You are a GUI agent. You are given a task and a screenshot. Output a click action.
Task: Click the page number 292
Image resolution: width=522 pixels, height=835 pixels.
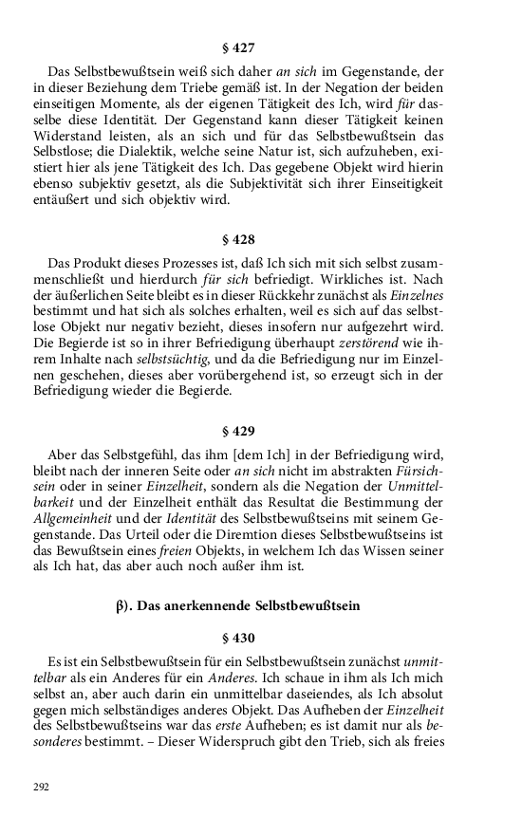pyautogui.click(x=41, y=787)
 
